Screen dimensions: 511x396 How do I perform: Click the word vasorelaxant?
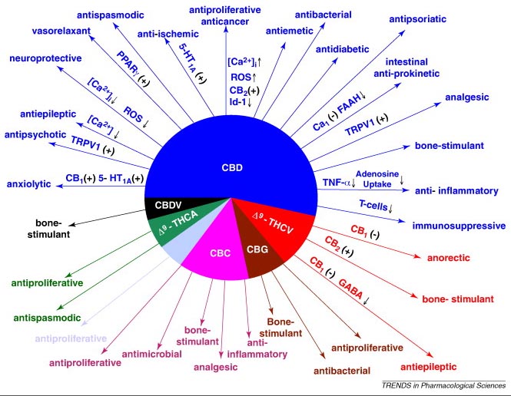(61, 31)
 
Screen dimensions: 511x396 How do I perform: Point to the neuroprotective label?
(45, 58)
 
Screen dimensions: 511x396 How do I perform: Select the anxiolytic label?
(28, 184)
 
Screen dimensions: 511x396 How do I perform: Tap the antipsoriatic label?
(417, 19)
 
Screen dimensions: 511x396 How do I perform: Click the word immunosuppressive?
(459, 226)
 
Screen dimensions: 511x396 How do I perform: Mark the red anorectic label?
(449, 258)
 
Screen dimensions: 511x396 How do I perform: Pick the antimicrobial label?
(152, 354)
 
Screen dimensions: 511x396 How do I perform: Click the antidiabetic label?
(342, 49)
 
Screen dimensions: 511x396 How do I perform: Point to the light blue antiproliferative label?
(71, 338)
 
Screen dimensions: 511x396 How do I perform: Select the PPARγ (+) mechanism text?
(133, 68)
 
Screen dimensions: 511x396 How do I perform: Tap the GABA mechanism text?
(350, 289)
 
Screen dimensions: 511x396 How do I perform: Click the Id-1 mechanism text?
(241, 102)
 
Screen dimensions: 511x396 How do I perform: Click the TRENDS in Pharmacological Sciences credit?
(443, 385)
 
